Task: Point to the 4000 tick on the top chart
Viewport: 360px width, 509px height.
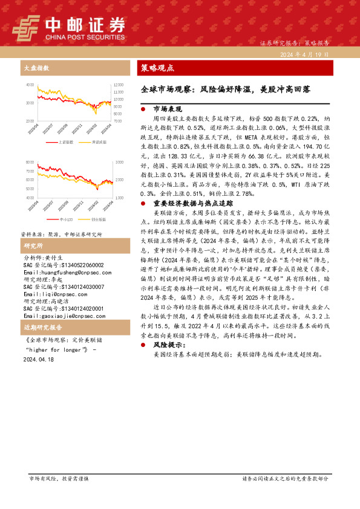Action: click(x=30, y=84)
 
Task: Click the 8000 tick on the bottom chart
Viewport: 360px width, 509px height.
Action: click(x=30, y=163)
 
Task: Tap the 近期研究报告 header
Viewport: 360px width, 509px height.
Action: click(x=41, y=328)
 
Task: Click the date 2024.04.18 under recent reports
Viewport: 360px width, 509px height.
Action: click(x=38, y=358)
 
